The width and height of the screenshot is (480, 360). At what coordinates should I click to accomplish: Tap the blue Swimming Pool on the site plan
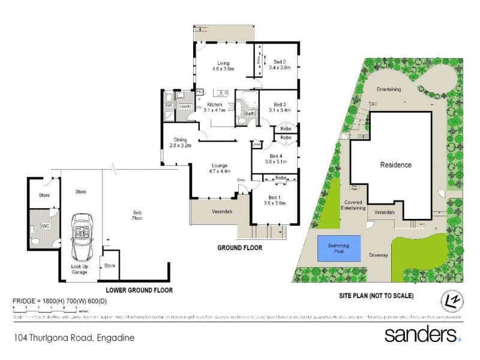point(340,248)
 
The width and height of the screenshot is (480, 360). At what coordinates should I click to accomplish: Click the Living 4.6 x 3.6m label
point(223,66)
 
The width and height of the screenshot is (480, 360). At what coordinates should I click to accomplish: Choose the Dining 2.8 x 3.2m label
point(180,143)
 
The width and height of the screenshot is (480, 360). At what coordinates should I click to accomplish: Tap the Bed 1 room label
point(274,200)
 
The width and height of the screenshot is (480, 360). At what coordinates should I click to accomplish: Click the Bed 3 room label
point(279,107)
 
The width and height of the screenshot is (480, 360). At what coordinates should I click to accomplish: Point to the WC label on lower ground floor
point(44,226)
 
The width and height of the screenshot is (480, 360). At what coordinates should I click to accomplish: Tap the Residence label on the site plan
point(395,164)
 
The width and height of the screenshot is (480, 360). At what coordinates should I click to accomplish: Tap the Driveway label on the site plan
point(379,255)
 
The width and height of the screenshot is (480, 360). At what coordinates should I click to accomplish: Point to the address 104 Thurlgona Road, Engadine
point(73,338)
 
